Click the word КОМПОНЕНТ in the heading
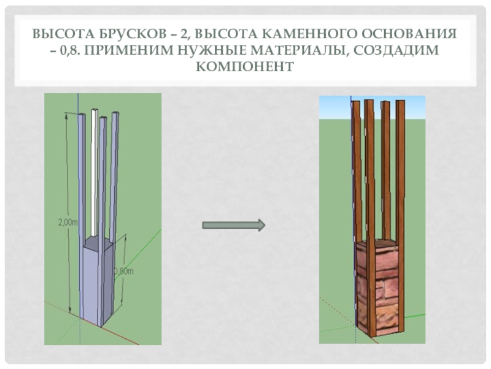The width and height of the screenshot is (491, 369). [x=245, y=66]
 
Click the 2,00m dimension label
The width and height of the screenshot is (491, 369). [x=68, y=222]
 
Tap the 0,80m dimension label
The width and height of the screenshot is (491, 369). [x=123, y=270]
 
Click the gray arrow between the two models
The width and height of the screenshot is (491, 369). [x=234, y=225]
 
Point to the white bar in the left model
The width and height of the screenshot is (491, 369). [x=94, y=173]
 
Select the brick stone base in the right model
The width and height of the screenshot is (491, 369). [x=377, y=287]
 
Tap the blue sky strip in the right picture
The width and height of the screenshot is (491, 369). [x=372, y=107]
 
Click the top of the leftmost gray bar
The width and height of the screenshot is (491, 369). [x=82, y=115]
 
